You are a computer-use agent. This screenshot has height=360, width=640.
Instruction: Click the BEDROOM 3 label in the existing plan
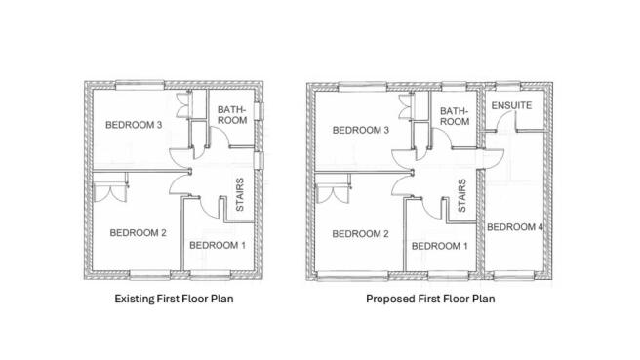click(135, 124)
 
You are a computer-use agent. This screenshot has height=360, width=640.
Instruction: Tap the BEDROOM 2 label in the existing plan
click(139, 232)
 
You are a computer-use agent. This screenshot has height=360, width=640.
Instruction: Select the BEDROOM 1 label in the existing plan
click(217, 244)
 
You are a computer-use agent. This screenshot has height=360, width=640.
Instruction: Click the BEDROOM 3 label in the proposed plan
click(361, 131)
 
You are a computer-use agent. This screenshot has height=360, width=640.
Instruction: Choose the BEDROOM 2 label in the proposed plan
click(361, 234)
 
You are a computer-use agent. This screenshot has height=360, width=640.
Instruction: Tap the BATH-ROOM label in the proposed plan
click(455, 117)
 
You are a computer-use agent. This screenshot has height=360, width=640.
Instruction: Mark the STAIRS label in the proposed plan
click(461, 195)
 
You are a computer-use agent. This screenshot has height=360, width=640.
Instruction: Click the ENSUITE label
click(512, 104)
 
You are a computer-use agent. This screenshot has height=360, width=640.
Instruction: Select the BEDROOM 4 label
click(515, 228)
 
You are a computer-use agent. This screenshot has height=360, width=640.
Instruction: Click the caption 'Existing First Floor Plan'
click(174, 299)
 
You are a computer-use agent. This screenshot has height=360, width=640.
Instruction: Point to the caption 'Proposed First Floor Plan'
click(430, 299)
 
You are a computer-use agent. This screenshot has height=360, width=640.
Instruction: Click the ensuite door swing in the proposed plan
click(504, 122)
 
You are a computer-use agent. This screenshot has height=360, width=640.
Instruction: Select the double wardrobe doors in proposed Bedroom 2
click(335, 187)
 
